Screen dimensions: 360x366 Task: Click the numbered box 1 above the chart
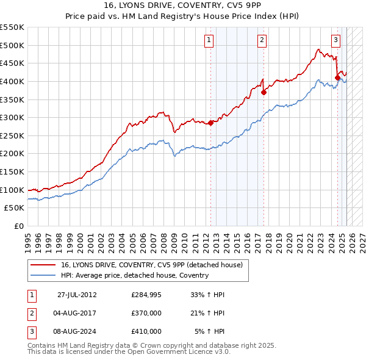point(209,40)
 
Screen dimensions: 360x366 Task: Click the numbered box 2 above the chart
point(262,40)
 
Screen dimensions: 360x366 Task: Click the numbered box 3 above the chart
point(336,40)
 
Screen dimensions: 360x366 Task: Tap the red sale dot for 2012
point(211,123)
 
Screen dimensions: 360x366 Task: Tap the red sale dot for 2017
point(264,93)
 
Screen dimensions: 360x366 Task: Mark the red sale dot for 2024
point(337,77)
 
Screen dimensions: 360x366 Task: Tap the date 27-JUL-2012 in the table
point(77,295)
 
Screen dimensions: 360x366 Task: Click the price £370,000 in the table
point(146,313)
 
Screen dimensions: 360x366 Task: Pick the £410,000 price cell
point(146,331)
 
